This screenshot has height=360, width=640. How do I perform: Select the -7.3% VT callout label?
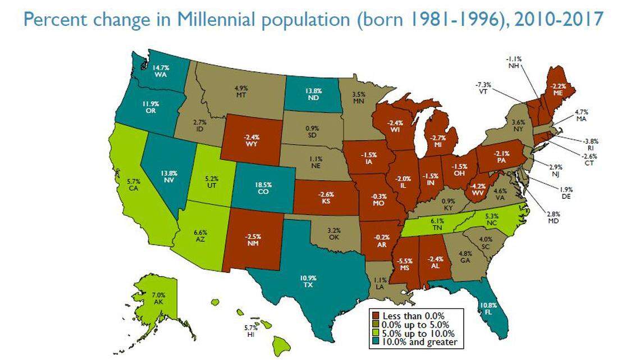[482, 87]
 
